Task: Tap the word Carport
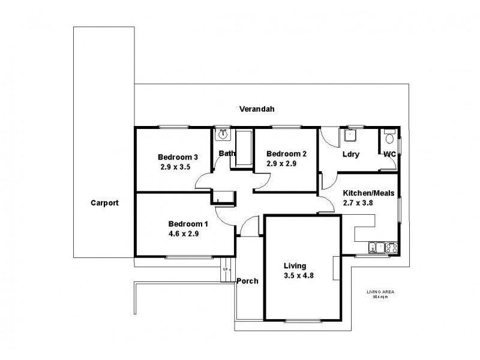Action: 104,203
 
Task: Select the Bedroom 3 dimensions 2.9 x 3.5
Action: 175,167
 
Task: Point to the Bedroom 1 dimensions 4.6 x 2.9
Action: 184,234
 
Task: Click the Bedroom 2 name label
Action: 286,154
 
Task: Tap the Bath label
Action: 227,154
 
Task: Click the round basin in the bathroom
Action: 223,135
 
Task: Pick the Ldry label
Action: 350,154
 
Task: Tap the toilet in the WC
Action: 389,138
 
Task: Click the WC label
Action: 390,154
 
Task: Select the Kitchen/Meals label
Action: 368,193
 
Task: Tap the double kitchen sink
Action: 376,247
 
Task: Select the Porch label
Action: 248,281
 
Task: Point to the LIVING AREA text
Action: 380,292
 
